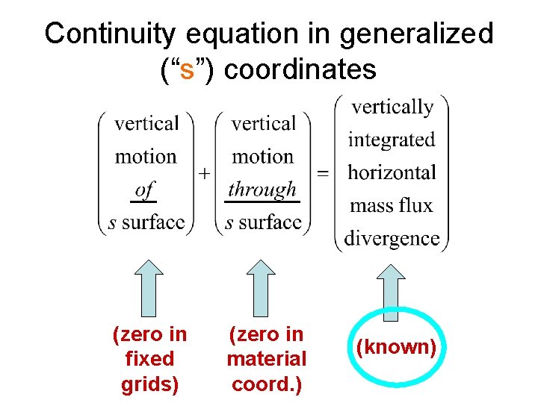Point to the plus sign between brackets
click(x=204, y=173)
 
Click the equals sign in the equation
click(x=323, y=173)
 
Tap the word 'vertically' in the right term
click(x=392, y=107)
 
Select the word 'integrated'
click(x=392, y=140)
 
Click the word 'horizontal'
click(x=392, y=172)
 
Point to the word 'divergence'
click(x=392, y=238)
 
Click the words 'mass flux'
click(x=392, y=205)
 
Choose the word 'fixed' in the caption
click(x=149, y=359)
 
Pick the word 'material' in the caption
click(x=267, y=359)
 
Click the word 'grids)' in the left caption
click(x=149, y=384)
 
